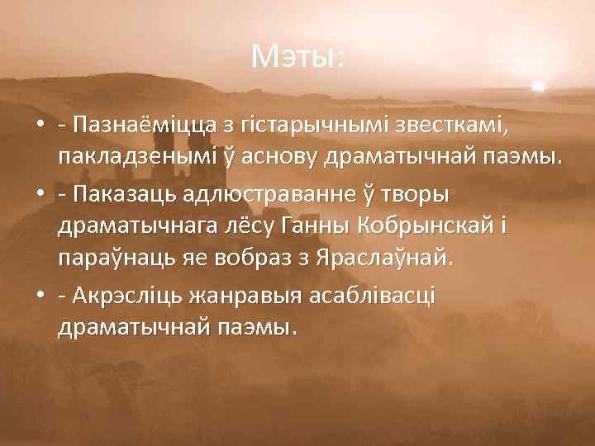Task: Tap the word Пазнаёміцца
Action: click(141, 125)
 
